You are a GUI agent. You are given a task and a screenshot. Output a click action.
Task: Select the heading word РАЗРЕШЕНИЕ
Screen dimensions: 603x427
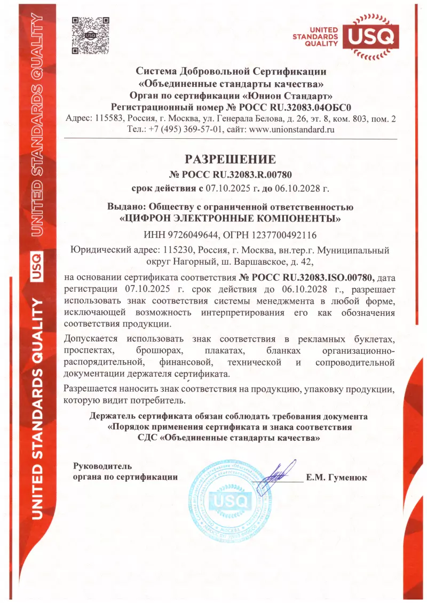(231, 159)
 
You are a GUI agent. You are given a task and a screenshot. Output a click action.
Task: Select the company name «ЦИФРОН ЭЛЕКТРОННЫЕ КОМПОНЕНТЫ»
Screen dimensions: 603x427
(230, 218)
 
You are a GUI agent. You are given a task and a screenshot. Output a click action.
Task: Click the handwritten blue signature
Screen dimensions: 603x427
(278, 472)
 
